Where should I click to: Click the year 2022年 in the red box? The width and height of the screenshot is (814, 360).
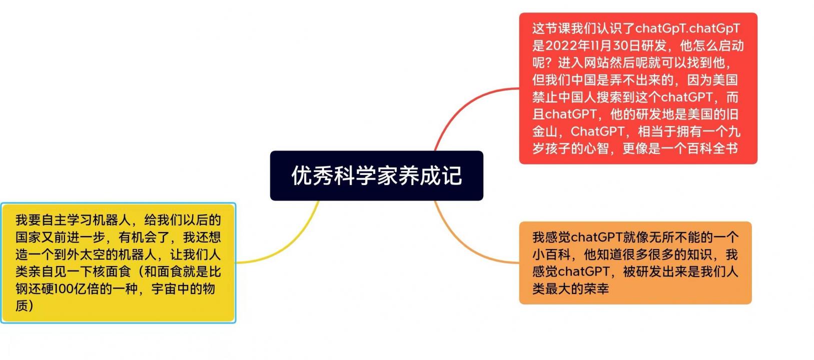click(x=567, y=46)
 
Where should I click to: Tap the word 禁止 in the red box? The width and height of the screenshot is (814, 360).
click(x=545, y=97)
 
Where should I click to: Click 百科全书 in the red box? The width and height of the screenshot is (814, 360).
click(x=712, y=148)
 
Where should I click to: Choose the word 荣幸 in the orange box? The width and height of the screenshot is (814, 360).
click(x=596, y=289)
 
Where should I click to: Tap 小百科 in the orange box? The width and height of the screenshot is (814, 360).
click(x=552, y=254)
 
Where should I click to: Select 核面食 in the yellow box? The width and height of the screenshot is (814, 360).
click(x=112, y=271)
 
